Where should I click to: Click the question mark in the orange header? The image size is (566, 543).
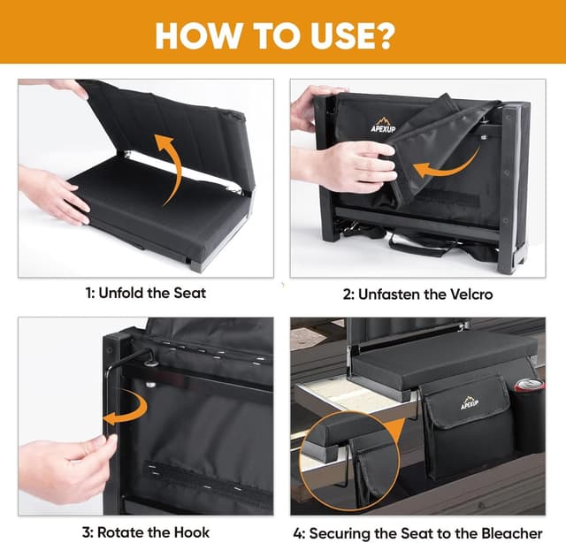(x=383, y=36)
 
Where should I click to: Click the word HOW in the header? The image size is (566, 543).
(x=197, y=36)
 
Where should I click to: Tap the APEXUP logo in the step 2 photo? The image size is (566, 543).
(x=383, y=125)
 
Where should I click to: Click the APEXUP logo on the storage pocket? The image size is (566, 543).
(x=470, y=403)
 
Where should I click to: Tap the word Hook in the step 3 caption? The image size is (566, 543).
(x=192, y=532)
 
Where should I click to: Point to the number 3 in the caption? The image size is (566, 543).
(x=86, y=532)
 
